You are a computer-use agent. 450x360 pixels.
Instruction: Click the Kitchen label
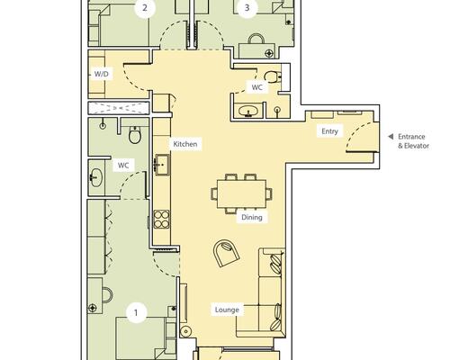click(185, 144)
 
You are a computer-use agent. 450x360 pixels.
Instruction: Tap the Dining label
click(252, 217)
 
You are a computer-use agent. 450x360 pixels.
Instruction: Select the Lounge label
click(227, 310)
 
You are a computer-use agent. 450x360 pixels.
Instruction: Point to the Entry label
click(329, 131)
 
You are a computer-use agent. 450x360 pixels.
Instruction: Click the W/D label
click(102, 74)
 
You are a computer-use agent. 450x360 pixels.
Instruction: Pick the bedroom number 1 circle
click(137, 313)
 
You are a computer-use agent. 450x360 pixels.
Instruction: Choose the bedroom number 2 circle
click(145, 7)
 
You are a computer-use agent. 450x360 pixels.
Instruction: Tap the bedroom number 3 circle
click(247, 7)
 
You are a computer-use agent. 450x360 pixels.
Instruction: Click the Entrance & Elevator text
click(413, 141)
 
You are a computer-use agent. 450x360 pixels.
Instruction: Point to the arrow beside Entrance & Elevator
click(391, 137)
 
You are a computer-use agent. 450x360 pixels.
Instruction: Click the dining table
click(241, 193)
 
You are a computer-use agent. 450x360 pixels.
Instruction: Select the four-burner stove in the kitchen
click(162, 220)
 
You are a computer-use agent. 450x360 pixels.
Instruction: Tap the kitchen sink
click(162, 165)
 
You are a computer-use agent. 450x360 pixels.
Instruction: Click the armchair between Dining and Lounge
click(227, 253)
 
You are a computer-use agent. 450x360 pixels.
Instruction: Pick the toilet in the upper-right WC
click(273, 76)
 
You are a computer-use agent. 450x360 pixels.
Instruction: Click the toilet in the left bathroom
click(135, 135)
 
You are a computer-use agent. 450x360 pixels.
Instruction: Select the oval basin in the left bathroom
click(96, 177)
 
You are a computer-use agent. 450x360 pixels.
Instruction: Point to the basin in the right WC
click(248, 111)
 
